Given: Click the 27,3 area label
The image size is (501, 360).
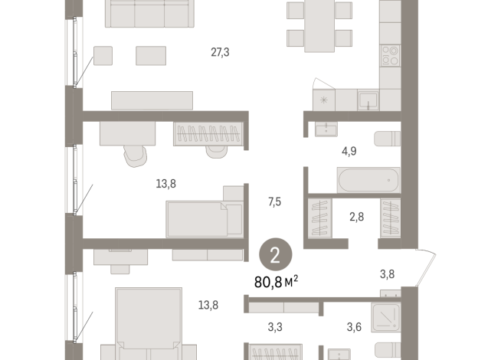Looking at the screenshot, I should point(221,52).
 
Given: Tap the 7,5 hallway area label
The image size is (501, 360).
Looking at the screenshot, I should point(275,202).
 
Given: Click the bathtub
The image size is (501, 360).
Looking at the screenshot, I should point(368,182).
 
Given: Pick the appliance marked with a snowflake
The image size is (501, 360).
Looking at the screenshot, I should point(323,100).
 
